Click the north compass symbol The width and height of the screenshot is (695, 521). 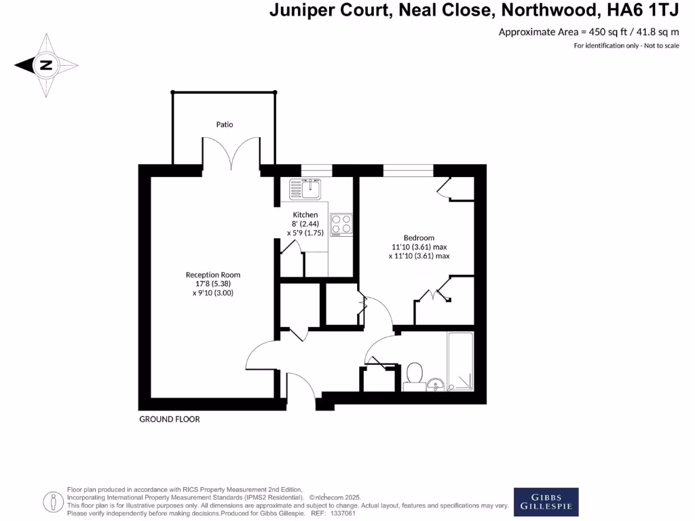(x=46, y=66)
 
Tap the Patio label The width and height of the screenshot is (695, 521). (x=225, y=125)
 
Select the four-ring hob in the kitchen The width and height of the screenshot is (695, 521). (x=341, y=224)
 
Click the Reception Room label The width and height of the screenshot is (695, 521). (x=213, y=275)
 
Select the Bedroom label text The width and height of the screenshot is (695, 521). (x=419, y=237)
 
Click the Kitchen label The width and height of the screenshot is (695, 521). (x=305, y=214)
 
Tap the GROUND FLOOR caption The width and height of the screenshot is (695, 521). (x=170, y=419)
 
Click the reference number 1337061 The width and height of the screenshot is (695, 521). (x=342, y=514)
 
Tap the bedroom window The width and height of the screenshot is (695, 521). (x=409, y=169)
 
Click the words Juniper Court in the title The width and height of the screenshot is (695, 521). (x=322, y=10)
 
